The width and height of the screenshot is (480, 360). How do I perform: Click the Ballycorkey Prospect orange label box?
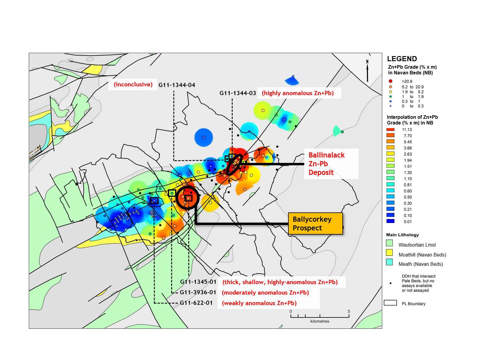[315, 223]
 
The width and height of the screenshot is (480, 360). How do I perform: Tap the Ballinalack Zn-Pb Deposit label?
[326, 163]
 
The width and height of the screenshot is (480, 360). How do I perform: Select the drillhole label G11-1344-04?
[177, 85]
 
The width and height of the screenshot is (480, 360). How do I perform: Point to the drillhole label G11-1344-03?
[238, 93]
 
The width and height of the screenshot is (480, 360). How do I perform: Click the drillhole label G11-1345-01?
[198, 282]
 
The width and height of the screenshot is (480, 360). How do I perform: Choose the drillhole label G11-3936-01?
[198, 292]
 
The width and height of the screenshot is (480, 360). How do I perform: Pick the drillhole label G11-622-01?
[196, 303]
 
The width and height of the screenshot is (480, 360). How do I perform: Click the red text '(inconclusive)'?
[133, 84]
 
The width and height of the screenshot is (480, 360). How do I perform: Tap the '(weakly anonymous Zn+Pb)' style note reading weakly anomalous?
[259, 303]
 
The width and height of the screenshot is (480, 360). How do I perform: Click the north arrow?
[367, 70]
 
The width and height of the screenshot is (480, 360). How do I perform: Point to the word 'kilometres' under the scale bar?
[320, 321]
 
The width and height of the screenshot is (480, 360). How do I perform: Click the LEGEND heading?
[402, 59]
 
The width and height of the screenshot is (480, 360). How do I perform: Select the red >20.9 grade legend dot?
[390, 81]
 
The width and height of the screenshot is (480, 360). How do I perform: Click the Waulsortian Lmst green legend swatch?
[389, 243]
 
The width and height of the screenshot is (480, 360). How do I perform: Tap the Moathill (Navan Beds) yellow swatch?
[389, 253]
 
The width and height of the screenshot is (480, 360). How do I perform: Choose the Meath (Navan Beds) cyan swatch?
[389, 262]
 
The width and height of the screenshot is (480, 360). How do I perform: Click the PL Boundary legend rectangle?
[390, 303]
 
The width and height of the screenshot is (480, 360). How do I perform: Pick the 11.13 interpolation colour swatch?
[390, 130]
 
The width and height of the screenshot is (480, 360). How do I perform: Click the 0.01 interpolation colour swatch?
[390, 221]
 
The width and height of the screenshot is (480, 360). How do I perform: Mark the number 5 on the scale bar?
[349, 311]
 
